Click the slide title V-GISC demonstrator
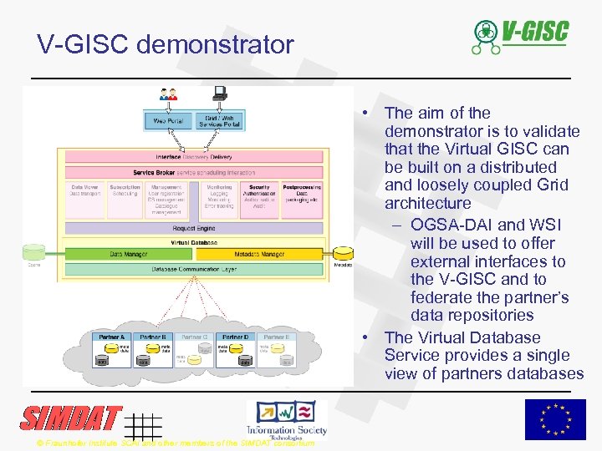pos(166,44)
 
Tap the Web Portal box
pos(168,120)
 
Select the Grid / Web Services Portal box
pos(220,120)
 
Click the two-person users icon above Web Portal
pos(169,94)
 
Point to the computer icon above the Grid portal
pos(221,94)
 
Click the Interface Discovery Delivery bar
pos(194,156)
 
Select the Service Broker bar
pos(194,172)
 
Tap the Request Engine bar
pos(194,228)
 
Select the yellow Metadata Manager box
pos(259,254)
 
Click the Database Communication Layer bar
pos(194,269)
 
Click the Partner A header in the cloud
pos(112,337)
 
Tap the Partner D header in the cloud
pos(235,337)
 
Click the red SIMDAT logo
pos(71,418)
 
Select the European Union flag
pos(554,419)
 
